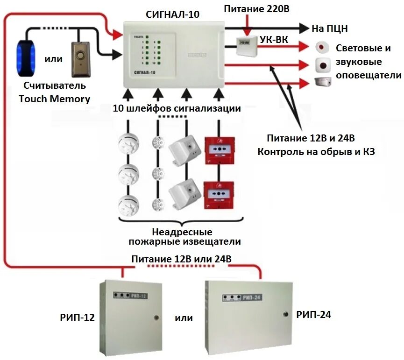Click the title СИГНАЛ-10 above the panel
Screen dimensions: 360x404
pos(173,14)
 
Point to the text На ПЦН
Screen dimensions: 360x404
pos(329,28)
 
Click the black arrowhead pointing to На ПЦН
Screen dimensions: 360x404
pos(304,28)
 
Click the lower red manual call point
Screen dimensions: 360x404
pos(219,195)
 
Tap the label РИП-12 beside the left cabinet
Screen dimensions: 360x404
pos(78,318)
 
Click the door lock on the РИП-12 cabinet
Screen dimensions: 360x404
pos(156,318)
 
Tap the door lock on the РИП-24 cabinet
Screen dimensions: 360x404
pos(283,313)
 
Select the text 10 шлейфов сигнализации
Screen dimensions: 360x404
pos(177,109)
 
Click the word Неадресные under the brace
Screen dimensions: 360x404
pos(182,232)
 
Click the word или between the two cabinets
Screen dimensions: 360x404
pos(184,318)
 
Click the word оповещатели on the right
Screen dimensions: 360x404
pos(369,75)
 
